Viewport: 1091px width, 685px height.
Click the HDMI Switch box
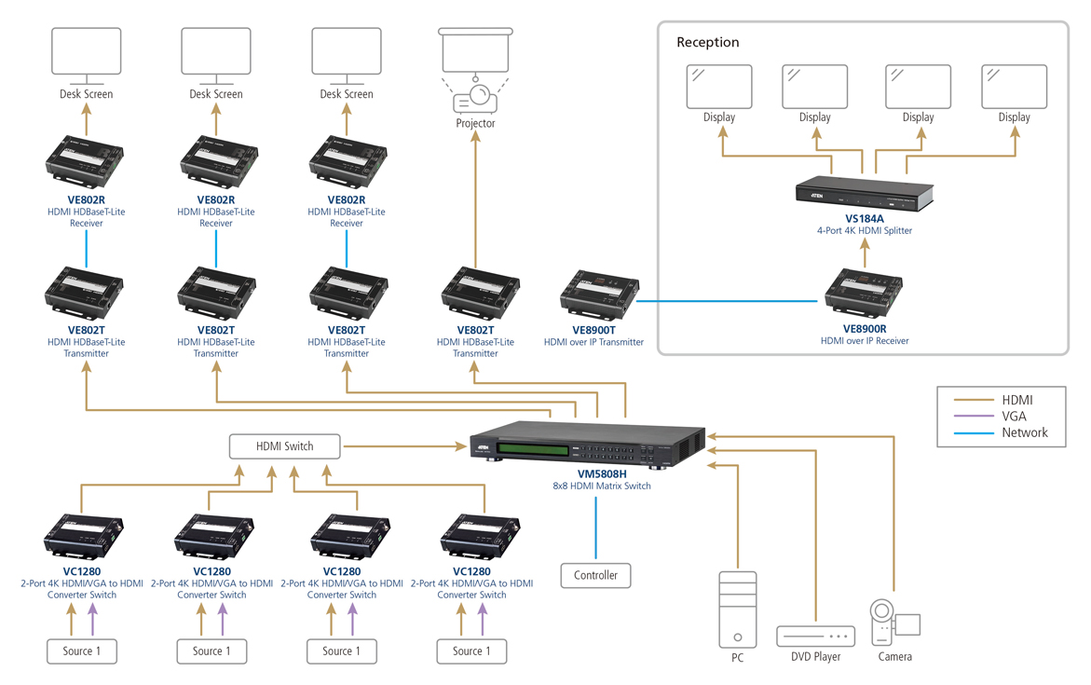pyautogui.click(x=285, y=446)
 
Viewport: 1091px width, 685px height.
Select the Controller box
pyautogui.click(x=595, y=575)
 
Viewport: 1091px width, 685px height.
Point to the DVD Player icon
pyautogui.click(x=815, y=637)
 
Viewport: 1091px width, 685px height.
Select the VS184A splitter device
pyautogui.click(x=863, y=193)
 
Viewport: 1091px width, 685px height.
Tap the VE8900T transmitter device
pyautogui.click(x=600, y=296)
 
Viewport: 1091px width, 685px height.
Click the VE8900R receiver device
pyautogui.click(x=864, y=294)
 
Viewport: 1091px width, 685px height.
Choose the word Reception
pyautogui.click(x=708, y=42)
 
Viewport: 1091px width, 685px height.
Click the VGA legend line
pyautogui.click(x=974, y=417)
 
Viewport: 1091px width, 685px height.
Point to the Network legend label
pyautogui.click(x=1025, y=432)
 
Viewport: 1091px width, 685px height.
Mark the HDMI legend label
pyautogui.click(x=1017, y=400)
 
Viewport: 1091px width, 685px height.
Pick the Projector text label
pyautogui.click(x=475, y=123)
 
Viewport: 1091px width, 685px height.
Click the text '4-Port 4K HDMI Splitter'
pyautogui.click(x=864, y=230)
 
